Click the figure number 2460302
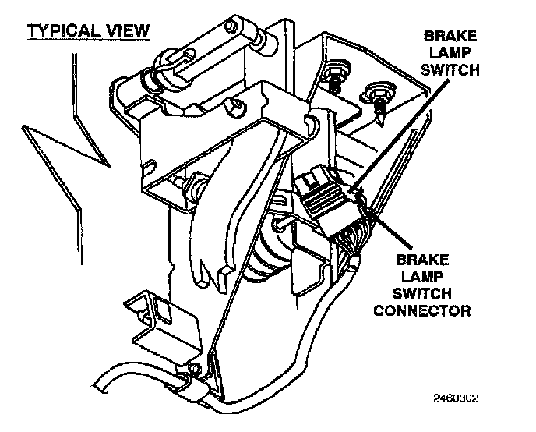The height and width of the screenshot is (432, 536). click(x=455, y=397)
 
